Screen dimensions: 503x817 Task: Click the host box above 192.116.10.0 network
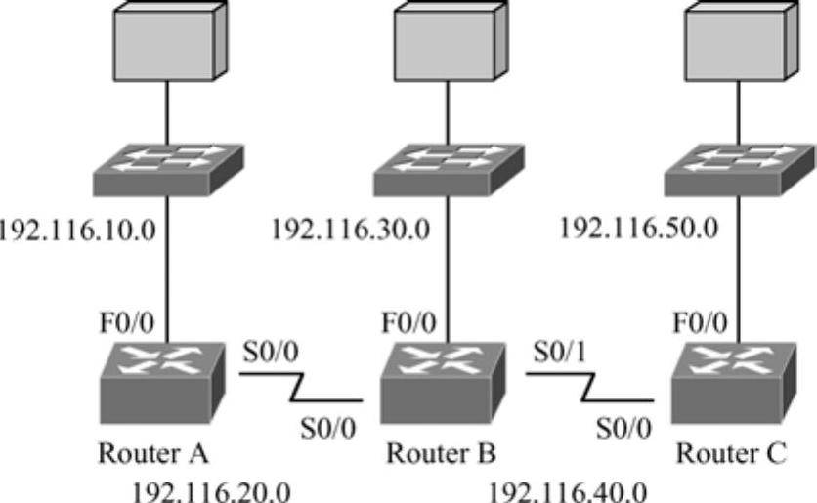pyautogui.click(x=170, y=39)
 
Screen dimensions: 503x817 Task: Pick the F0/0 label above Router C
pyautogui.click(x=700, y=321)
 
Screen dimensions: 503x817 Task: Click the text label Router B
pyautogui.click(x=441, y=454)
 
